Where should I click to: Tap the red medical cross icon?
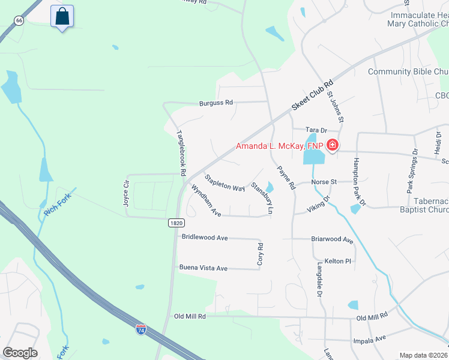pos(332,145)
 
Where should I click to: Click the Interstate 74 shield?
pos(140,329)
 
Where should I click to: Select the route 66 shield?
pos(19,20)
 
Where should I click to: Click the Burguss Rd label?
pos(216,103)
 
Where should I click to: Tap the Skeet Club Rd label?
pos(312,96)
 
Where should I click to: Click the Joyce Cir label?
pos(127,192)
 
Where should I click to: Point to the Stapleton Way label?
pos(224,183)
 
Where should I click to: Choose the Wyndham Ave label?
pos(206,200)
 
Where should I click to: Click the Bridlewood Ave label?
pos(205,238)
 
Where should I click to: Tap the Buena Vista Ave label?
pos(203,268)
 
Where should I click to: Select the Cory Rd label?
pos(260,254)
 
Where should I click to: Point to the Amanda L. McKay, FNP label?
pos(280,146)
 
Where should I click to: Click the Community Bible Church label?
pos(408,72)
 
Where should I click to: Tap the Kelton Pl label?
pos(337,261)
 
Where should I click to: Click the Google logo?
pos(20,353)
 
